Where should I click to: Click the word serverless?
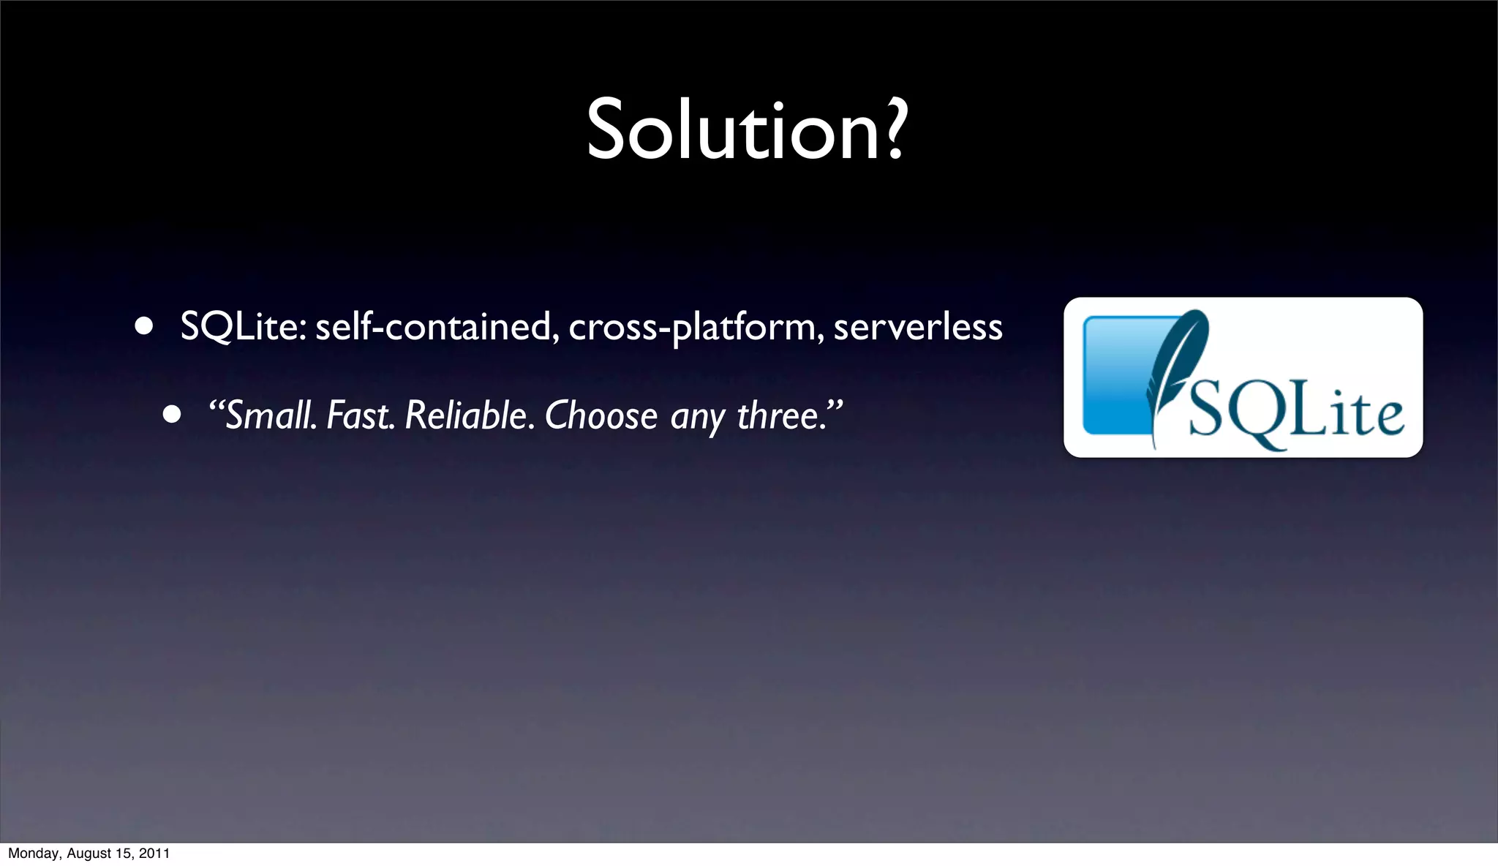[x=917, y=326]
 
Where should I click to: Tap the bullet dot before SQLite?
[x=144, y=326]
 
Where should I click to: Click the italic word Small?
[x=271, y=415]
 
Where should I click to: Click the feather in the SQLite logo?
[x=1174, y=366]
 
